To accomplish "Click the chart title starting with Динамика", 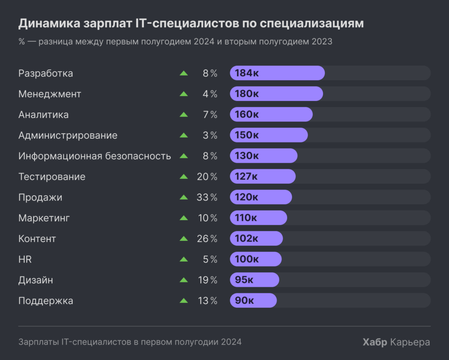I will pyautogui.click(x=191, y=23).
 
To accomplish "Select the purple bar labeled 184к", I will pyautogui.click(x=277, y=73).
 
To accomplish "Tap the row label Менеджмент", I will pyautogui.click(x=50, y=94).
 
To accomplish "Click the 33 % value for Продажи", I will pyautogui.click(x=207, y=197).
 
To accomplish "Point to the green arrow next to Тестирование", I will pyautogui.click(x=184, y=177).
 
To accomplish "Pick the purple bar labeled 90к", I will pyautogui.click(x=253, y=301).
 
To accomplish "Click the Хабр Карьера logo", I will pyautogui.click(x=396, y=342).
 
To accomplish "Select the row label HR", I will pyautogui.click(x=25, y=260).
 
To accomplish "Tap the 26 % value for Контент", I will pyautogui.click(x=207, y=239).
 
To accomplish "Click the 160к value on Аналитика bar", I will pyautogui.click(x=246, y=114).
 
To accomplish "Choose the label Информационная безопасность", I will pyautogui.click(x=94, y=156).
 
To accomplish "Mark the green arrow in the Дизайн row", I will pyautogui.click(x=184, y=280).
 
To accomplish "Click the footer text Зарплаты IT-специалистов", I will pyautogui.click(x=130, y=342).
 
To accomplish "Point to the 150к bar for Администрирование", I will pyautogui.click(x=268, y=135).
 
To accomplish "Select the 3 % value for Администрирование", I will pyautogui.click(x=210, y=135).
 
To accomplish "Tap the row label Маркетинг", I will pyautogui.click(x=44, y=218).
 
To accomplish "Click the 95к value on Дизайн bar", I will pyautogui.click(x=244, y=280).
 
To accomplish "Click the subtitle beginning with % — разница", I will pyautogui.click(x=175, y=42).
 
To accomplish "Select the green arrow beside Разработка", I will pyautogui.click(x=184, y=73).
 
